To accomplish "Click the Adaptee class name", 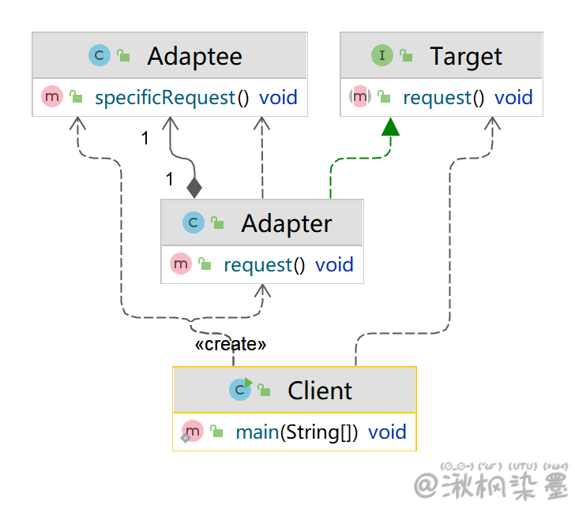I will pos(194,56).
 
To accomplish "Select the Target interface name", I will pos(465,56).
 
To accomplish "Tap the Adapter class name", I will pos(286,223).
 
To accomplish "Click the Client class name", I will pos(320,391).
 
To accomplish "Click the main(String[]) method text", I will pos(296,432).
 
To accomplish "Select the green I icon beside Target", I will pos(382,55).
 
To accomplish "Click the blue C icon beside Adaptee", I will pos(100,55).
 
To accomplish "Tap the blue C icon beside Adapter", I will pos(193,223).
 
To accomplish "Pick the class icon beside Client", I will pos(239,390).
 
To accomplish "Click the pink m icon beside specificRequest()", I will pos(51,98).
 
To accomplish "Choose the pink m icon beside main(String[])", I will pos(194,432).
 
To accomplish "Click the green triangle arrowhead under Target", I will pos(389,126).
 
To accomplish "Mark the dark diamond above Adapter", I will pos(194,187).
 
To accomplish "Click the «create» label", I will pos(231,344).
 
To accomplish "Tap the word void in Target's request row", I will pos(513,98).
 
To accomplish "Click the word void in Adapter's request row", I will pos(334,265).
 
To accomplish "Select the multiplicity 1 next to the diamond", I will pos(169,180).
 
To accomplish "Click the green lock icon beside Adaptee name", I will pos(124,56).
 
